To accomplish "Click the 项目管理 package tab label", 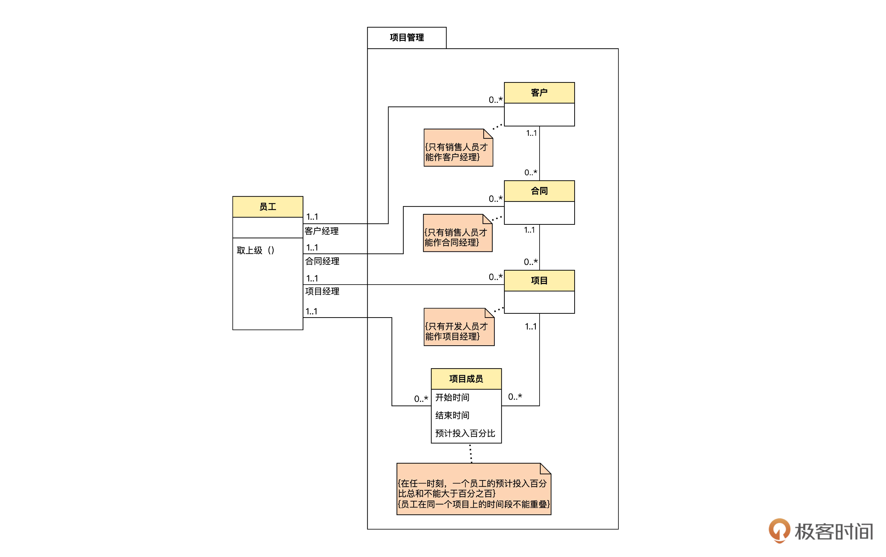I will point(407,37).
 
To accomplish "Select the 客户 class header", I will point(539,93).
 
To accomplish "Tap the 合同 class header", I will point(539,191).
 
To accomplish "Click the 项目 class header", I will point(539,281).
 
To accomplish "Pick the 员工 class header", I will point(267,207).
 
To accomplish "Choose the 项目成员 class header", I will point(466,379).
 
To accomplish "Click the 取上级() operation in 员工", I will point(255,251).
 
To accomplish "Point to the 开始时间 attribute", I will point(452,397).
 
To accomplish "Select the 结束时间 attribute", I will point(452,415).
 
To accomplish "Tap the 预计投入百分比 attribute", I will point(465,433).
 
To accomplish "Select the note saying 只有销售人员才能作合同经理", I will point(457,237).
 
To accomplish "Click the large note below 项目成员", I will point(473,493).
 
